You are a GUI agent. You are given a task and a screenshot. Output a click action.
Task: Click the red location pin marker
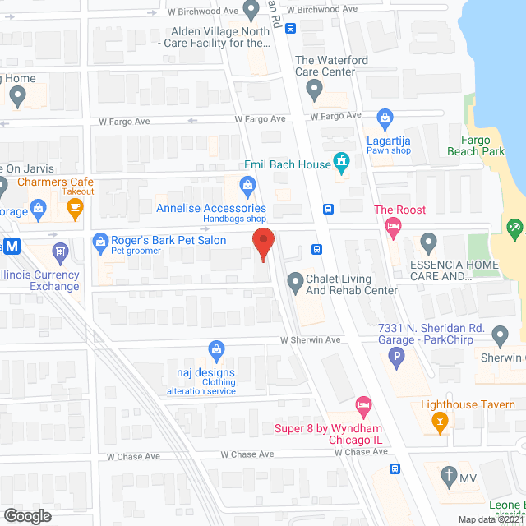(262, 244)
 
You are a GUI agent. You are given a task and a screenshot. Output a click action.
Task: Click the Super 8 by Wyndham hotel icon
(363, 405)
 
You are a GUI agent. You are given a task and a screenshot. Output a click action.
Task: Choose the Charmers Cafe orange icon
(76, 206)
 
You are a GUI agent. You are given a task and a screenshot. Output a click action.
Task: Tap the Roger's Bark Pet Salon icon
(100, 241)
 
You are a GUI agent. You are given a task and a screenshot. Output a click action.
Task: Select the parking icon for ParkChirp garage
(397, 358)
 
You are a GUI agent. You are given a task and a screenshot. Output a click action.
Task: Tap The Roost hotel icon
(394, 228)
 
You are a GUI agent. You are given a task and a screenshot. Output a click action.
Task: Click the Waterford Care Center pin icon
(314, 93)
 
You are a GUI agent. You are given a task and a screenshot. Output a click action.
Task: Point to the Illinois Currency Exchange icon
(59, 250)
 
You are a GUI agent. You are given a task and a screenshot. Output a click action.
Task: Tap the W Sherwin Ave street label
(310, 339)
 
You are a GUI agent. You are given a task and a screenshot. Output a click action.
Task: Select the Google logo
(27, 515)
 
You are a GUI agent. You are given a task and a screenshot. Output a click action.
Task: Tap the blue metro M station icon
(10, 246)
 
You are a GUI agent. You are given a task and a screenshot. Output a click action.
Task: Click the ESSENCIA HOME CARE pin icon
(427, 242)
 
